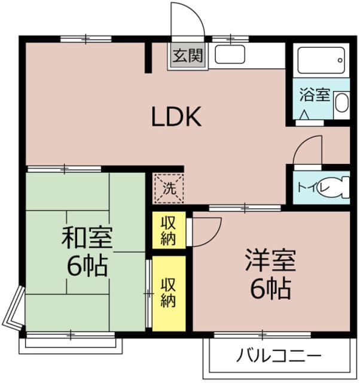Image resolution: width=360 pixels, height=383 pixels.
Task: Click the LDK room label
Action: pos(176,117)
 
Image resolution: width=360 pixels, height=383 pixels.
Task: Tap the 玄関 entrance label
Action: pos(188,56)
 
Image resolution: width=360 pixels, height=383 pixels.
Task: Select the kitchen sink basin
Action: pos(230,54)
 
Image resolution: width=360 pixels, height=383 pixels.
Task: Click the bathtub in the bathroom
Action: pos(321,60)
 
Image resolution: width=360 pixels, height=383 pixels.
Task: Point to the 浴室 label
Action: pos(315,95)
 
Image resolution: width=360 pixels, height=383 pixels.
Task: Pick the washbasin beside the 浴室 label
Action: pos(341,102)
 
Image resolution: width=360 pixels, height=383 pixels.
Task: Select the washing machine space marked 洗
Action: pos(169,189)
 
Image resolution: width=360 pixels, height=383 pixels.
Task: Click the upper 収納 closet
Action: pos(169,230)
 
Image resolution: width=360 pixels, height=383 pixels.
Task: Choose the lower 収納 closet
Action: pos(169,294)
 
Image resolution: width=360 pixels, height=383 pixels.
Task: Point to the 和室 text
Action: pos(87,237)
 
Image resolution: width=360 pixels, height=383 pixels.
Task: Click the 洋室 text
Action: pos(270,260)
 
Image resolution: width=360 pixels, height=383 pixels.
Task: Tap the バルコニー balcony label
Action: pos(279,355)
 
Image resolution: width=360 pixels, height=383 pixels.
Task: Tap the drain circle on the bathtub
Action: pos(340,60)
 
